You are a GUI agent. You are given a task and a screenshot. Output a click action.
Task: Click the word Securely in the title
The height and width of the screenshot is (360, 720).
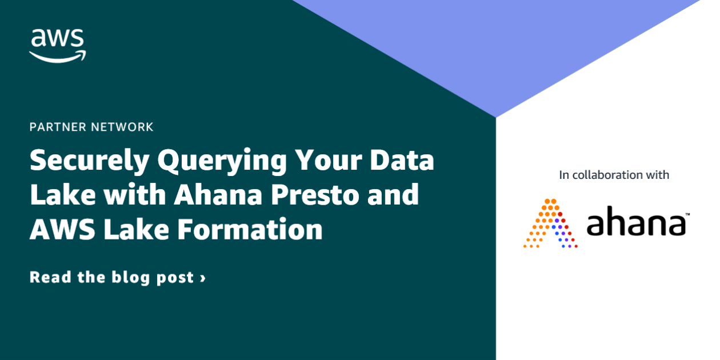coord(89,161)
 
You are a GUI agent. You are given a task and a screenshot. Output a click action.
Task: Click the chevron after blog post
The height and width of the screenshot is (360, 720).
coord(203,278)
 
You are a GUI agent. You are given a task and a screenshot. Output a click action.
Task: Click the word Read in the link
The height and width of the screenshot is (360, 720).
coord(50,278)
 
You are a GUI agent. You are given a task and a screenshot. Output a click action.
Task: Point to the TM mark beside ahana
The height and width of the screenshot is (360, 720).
coord(687,214)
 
